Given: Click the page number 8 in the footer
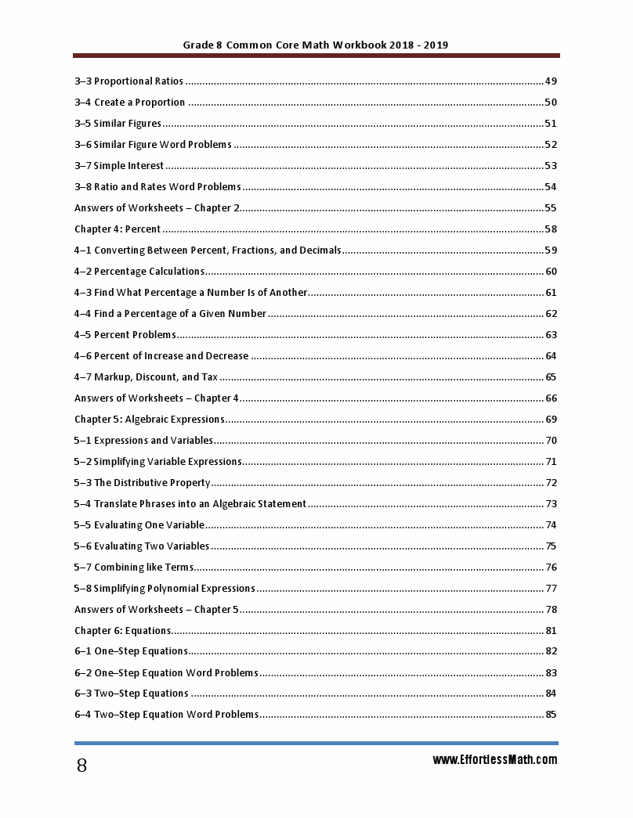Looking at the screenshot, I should tap(81, 766).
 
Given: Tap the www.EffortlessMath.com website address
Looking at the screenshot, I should tap(494, 760).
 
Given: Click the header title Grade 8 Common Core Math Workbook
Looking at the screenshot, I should tap(315, 45).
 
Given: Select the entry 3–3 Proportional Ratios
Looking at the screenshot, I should tap(128, 81).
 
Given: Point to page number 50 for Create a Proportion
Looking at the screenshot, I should tap(550, 103).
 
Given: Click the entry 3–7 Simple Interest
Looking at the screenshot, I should tap(119, 166).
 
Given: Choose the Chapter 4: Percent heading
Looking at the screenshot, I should tap(118, 229).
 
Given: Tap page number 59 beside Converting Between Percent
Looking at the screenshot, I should tap(550, 250).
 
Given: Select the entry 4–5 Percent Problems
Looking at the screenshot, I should tap(125, 335).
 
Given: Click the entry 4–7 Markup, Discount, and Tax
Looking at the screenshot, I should tap(146, 377).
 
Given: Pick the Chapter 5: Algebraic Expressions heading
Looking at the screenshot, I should tap(150, 420).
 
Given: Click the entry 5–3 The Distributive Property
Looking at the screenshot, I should tap(143, 483).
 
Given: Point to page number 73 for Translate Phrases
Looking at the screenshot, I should tap(551, 504).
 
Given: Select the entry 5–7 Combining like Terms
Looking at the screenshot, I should tap(134, 568).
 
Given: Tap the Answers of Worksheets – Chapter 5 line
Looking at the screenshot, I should tap(157, 610).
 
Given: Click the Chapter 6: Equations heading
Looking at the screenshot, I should tap(123, 631).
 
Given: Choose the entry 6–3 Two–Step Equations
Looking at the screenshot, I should tap(132, 694).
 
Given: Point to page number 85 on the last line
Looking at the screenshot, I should tap(551, 715).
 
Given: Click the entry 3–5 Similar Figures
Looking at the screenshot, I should tap(118, 124).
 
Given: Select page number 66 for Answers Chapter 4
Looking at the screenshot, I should tap(551, 398).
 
